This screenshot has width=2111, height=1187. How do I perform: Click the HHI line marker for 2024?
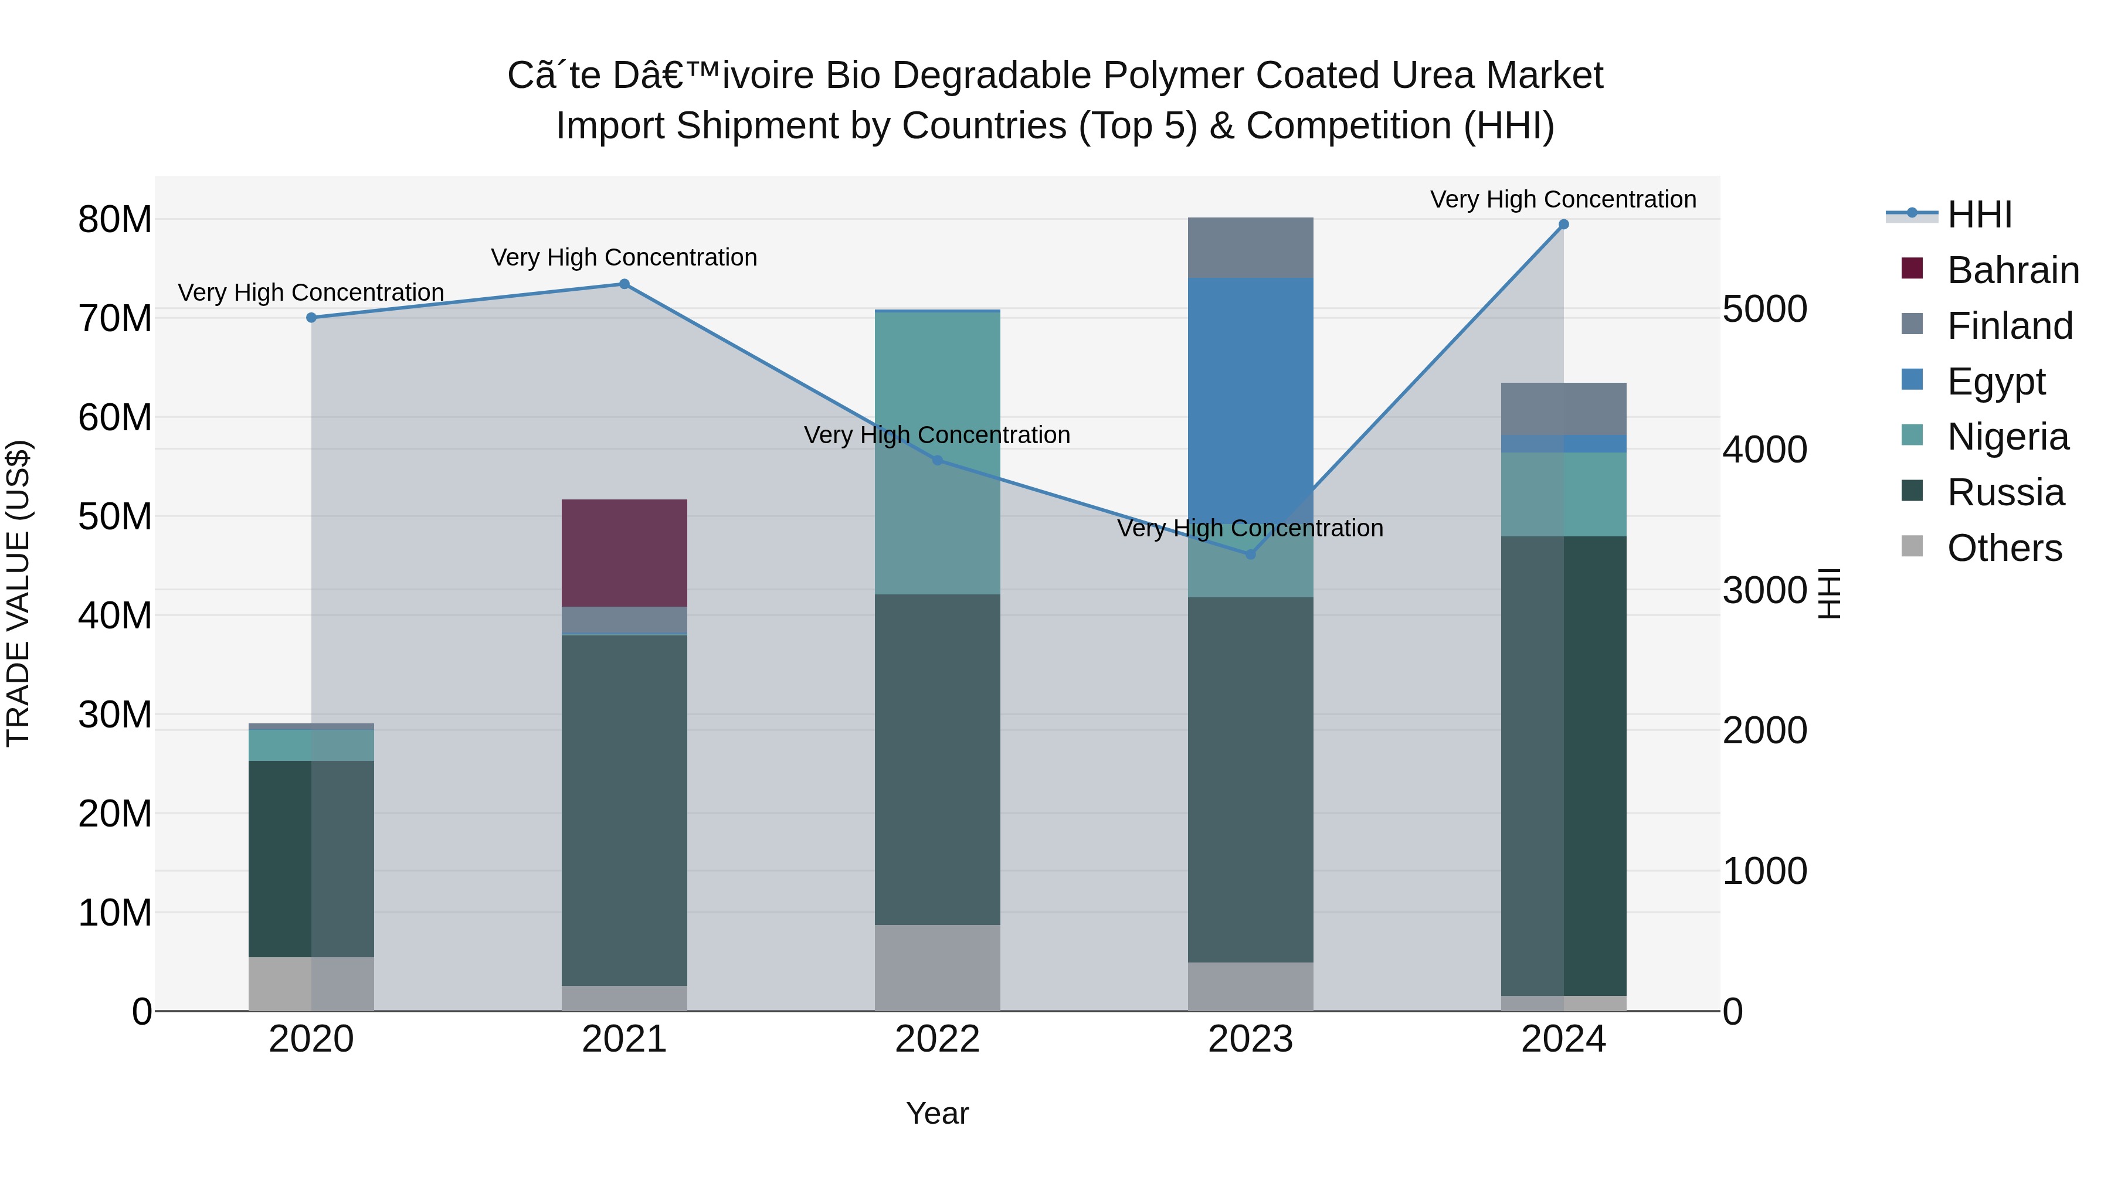click(x=1563, y=225)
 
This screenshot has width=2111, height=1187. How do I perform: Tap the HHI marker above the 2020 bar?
click(x=311, y=318)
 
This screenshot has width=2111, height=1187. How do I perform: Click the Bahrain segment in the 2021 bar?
click(x=625, y=553)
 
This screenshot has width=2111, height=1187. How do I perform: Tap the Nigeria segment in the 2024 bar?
click(x=1563, y=494)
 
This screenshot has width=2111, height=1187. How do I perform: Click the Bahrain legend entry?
click(x=2012, y=270)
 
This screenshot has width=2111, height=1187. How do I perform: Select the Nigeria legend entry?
click(x=2008, y=437)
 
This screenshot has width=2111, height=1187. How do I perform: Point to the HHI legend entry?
click(x=1979, y=215)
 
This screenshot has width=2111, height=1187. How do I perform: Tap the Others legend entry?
click(x=2004, y=548)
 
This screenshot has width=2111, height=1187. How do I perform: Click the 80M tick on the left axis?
click(x=115, y=220)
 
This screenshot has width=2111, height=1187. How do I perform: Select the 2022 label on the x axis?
click(x=938, y=1039)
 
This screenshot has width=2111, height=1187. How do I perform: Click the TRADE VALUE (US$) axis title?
click(x=18, y=593)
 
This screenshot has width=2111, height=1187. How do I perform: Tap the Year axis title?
click(x=938, y=1113)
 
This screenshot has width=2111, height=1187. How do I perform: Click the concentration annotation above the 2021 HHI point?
click(x=625, y=257)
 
